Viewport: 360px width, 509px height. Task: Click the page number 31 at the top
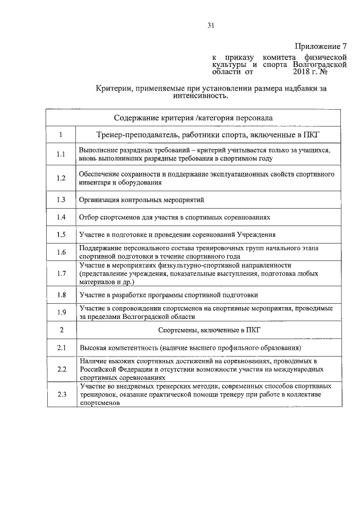click(211, 25)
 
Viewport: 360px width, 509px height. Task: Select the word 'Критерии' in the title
click(114, 88)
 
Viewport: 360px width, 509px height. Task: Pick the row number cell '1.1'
click(61, 155)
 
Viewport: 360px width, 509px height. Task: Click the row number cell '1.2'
click(61, 178)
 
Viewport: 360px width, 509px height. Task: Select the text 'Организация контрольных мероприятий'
click(142, 200)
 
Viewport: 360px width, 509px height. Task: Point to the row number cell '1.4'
click(61, 217)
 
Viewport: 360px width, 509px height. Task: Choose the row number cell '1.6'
click(61, 252)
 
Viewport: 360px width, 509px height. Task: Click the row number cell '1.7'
click(61, 274)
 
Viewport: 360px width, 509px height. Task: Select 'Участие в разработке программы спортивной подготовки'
click(169, 295)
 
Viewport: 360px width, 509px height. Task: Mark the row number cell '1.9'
click(61, 313)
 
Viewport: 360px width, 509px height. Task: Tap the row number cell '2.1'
click(61, 349)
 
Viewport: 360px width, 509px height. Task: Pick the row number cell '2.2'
click(61, 370)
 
